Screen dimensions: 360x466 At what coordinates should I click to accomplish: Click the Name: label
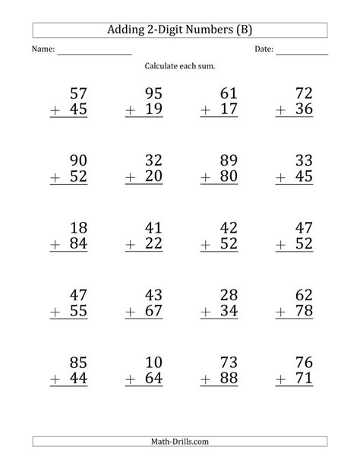click(43, 50)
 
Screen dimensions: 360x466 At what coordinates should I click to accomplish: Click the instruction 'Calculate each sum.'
click(180, 66)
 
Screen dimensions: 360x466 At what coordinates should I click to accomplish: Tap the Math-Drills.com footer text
click(180, 442)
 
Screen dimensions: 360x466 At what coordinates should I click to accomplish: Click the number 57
click(78, 94)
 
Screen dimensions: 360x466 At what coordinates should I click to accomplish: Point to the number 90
click(78, 160)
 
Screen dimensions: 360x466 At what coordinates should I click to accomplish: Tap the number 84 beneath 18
click(78, 244)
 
